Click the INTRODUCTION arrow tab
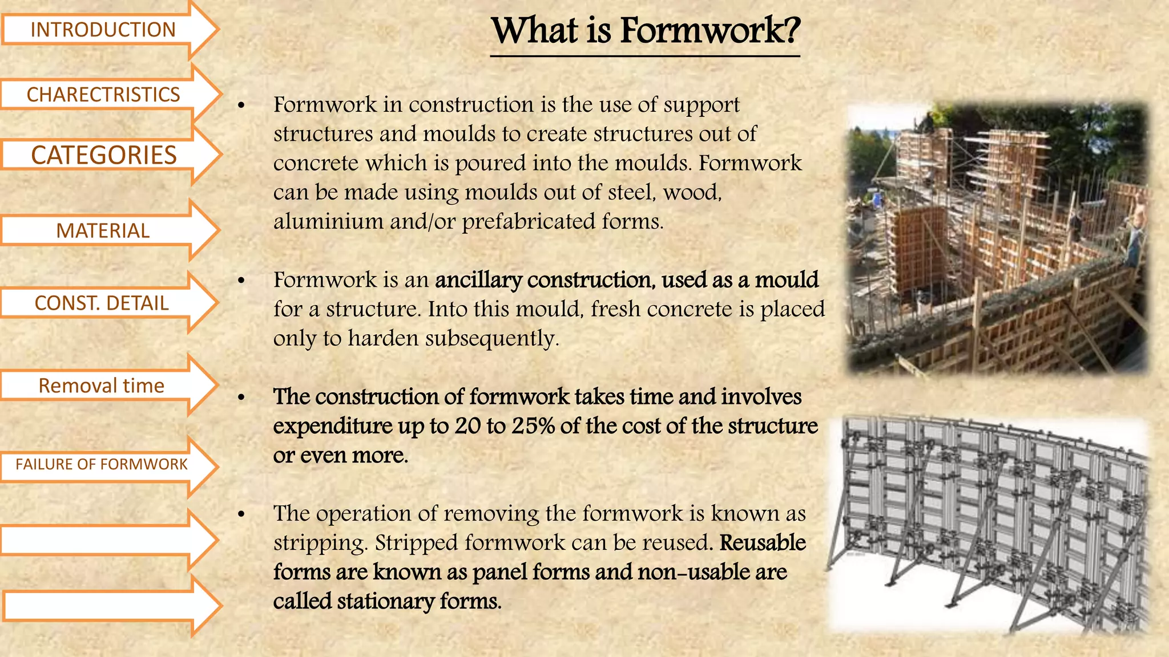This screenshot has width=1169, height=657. (x=103, y=30)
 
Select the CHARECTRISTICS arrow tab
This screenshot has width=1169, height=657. (x=103, y=94)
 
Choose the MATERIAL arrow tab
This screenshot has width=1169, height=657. (x=103, y=230)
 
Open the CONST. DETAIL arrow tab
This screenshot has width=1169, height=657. (x=102, y=303)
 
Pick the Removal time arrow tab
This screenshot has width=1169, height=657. (x=102, y=386)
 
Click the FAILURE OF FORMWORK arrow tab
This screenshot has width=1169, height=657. (x=102, y=464)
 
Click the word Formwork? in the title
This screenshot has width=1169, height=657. (x=710, y=31)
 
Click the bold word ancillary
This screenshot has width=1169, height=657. (x=478, y=280)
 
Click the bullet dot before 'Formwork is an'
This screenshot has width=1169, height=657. (x=241, y=281)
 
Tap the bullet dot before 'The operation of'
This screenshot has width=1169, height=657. (x=241, y=514)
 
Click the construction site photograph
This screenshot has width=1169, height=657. (x=998, y=238)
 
